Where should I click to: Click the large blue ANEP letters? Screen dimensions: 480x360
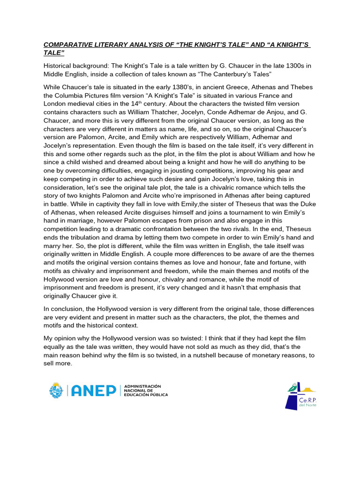click(94, 390)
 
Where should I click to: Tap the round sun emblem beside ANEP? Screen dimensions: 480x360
click(56, 390)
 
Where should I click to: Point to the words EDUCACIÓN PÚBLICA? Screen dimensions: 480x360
click(146, 395)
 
